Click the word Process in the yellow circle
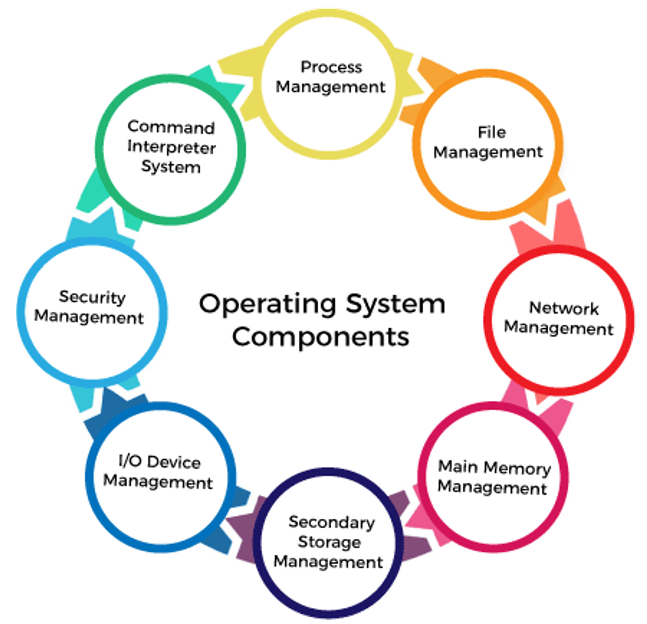pyautogui.click(x=331, y=67)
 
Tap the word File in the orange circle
pyautogui.click(x=491, y=132)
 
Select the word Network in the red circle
pyautogui.click(x=564, y=308)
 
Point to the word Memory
pyautogui.click(x=518, y=468)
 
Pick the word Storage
pyautogui.click(x=329, y=542)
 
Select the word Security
pyautogui.click(x=92, y=297)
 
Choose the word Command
pyautogui.click(x=171, y=127)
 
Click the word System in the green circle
pyautogui.click(x=171, y=167)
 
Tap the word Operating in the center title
pyautogui.click(x=268, y=304)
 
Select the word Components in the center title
pyautogui.click(x=321, y=337)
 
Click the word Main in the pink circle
pyautogui.click(x=458, y=466)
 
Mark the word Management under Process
pyautogui.click(x=330, y=87)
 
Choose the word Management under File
pyautogui.click(x=488, y=152)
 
